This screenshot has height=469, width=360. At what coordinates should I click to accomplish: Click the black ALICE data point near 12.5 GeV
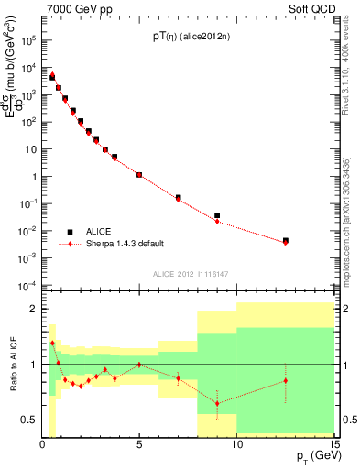click(x=286, y=241)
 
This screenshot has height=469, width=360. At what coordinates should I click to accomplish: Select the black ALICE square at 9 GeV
click(x=217, y=215)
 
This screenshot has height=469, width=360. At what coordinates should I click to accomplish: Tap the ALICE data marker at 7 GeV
click(x=178, y=197)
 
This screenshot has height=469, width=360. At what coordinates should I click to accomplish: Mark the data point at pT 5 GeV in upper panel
click(x=139, y=174)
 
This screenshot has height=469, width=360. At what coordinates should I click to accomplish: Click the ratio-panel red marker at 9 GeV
click(x=217, y=403)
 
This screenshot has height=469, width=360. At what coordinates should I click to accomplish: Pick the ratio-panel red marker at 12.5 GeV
click(x=286, y=380)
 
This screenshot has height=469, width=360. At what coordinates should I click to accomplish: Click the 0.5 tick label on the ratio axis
click(x=29, y=420)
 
